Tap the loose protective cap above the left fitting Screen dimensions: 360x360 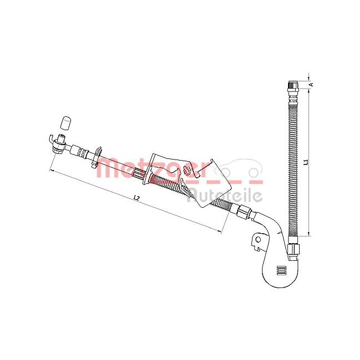(65, 121)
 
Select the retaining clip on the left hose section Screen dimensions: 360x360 (97, 155)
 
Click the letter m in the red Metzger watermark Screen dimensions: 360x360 (109, 167)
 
